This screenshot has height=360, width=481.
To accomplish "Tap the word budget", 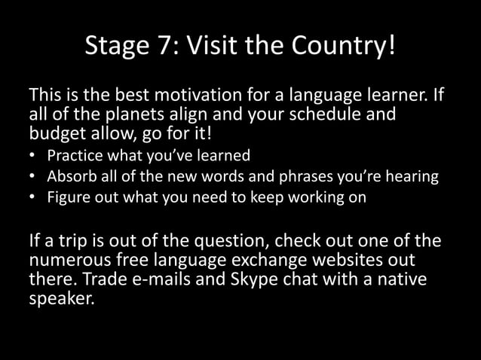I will point(57,136).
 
